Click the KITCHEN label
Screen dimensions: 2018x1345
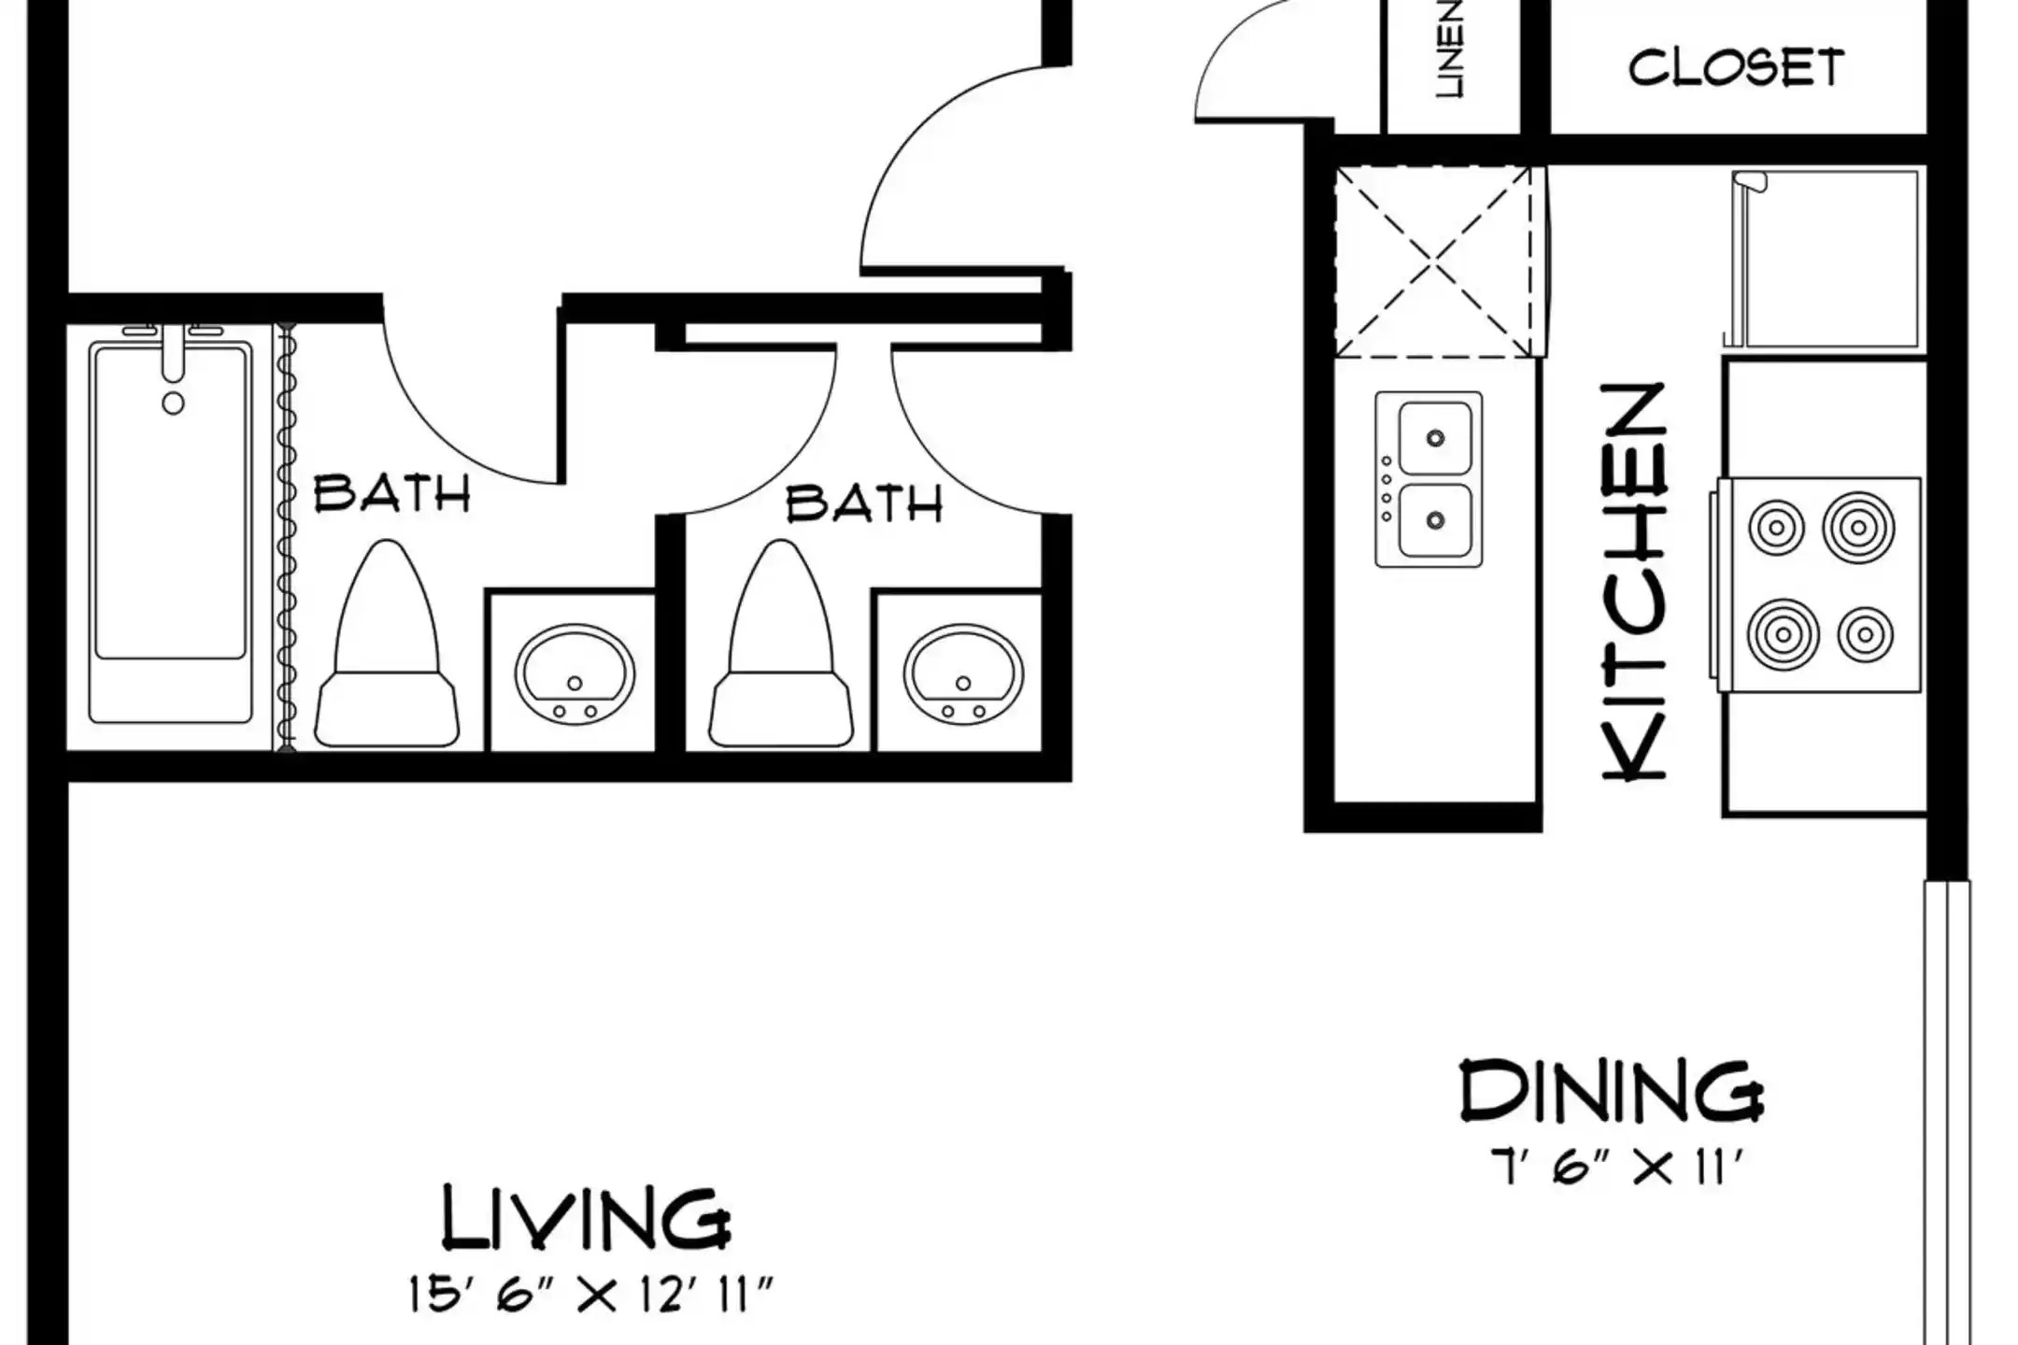pos(1634,580)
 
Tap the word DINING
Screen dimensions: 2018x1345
pos(1612,1090)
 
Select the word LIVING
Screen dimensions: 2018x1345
pos(586,1218)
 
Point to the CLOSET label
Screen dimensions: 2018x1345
pos(1737,67)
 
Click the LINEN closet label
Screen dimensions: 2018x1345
pos(1450,50)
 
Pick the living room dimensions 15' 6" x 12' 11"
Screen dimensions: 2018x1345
pos(590,1295)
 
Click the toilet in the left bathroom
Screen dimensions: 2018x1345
pos(387,644)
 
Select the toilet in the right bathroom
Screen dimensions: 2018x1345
pos(781,644)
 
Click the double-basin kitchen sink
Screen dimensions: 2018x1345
pos(1428,479)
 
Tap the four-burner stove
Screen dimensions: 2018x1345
pos(1817,585)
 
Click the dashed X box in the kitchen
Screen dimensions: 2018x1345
pos(1433,262)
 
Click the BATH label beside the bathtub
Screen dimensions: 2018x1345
pos(391,493)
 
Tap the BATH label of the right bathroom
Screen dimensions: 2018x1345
pos(864,503)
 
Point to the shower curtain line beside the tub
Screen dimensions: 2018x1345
pos(287,536)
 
